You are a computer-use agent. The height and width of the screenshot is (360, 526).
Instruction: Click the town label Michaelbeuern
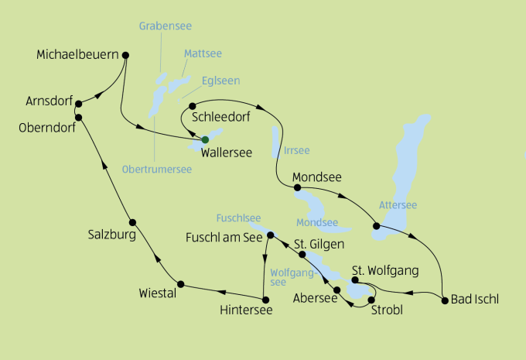77,55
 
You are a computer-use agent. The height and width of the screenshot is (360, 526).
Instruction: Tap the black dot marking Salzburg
132,221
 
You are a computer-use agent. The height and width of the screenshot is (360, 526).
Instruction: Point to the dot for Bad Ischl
445,300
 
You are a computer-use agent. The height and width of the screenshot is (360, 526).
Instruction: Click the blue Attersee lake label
398,205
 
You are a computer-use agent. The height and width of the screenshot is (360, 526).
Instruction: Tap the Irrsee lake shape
275,141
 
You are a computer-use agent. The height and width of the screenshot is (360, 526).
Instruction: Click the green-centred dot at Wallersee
205,139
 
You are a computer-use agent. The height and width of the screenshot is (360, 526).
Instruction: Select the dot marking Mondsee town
297,187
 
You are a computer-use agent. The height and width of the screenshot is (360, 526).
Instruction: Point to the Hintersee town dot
265,300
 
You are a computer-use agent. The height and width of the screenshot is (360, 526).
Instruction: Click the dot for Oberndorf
79,116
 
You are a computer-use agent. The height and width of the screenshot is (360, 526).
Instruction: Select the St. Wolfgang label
385,270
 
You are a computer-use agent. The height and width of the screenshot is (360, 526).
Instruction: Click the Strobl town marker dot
372,300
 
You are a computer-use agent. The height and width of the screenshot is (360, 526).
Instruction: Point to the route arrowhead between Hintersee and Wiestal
221,292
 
